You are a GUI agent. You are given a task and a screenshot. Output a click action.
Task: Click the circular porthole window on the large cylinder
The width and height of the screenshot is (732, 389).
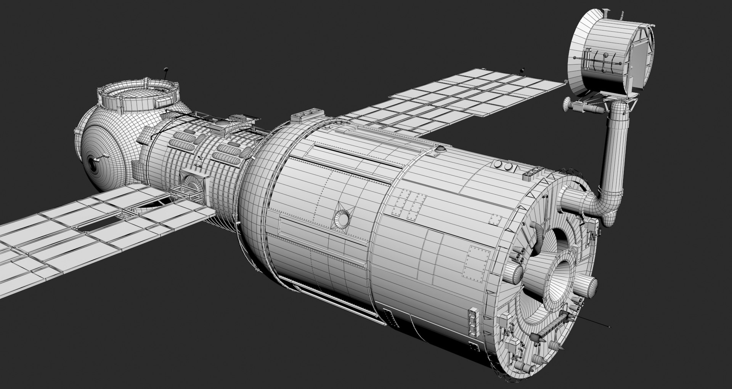342,217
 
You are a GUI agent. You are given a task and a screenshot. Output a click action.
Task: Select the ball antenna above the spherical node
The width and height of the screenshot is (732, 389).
165,70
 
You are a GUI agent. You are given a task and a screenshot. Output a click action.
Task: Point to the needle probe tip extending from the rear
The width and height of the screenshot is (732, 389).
609,327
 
